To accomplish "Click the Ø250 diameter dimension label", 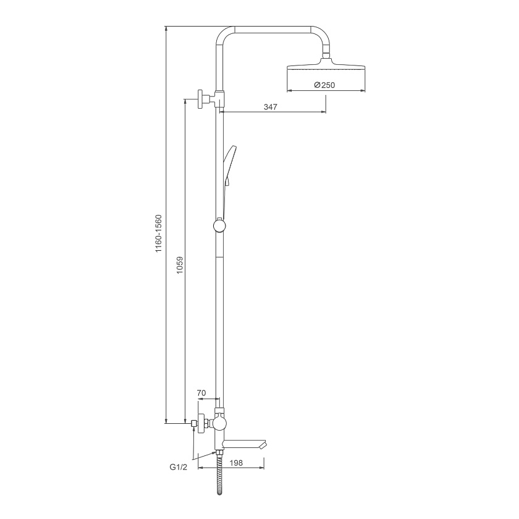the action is [x=324, y=85].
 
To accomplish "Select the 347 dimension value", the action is [x=271, y=107].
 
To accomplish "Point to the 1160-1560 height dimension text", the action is [x=159, y=234].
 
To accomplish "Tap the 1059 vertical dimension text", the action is [x=179, y=265].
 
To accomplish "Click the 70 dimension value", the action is [x=201, y=393].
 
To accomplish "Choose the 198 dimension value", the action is [x=236, y=462].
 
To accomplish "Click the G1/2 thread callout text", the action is [x=179, y=467].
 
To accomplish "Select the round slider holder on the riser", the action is [x=219, y=226].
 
